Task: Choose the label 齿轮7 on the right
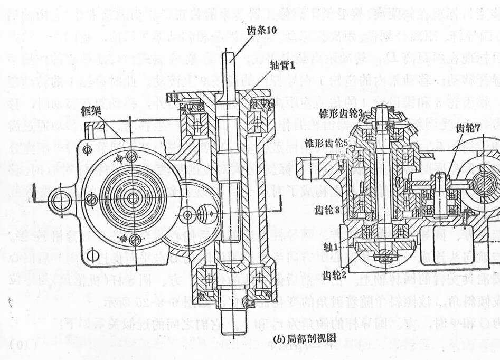click(468, 128)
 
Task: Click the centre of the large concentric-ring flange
click(133, 198)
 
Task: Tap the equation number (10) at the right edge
click(490, 345)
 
